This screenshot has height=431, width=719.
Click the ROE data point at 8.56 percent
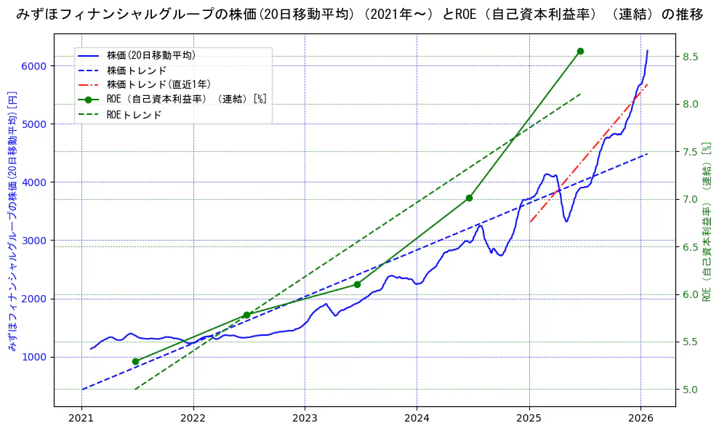(x=580, y=51)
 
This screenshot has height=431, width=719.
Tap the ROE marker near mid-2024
(x=469, y=198)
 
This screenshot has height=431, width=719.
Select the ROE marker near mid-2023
(x=357, y=284)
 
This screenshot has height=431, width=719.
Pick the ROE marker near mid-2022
(x=246, y=315)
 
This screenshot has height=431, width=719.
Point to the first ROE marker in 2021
(x=135, y=361)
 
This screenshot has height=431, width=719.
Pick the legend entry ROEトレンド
(x=134, y=115)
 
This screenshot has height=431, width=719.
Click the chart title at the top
(x=359, y=15)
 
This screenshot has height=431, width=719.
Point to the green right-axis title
(x=707, y=222)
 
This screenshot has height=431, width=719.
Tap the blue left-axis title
(x=12, y=222)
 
